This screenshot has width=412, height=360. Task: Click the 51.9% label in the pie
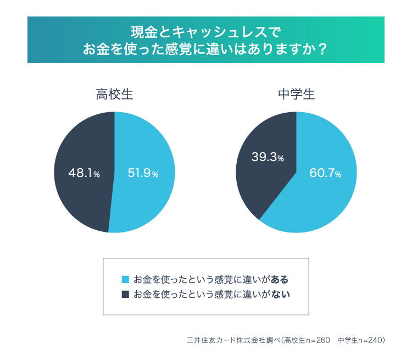[x=143, y=173]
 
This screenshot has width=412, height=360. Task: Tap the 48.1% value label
[x=84, y=173]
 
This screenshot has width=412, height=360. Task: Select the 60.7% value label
[x=325, y=173]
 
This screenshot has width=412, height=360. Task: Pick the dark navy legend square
[x=125, y=294]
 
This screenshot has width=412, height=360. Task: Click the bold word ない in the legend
[x=280, y=294]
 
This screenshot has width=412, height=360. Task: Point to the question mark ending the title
[x=323, y=49]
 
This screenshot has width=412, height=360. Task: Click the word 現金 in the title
[x=142, y=31]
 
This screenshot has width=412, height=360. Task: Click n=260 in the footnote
[x=317, y=340]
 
